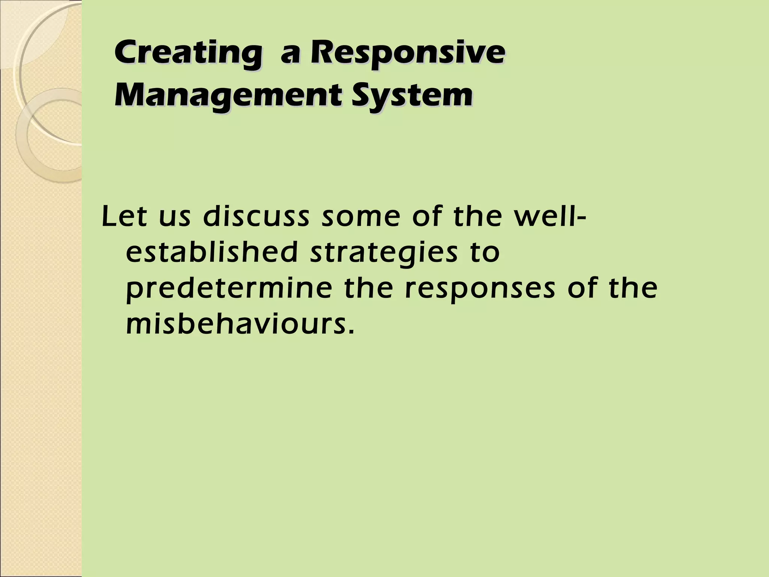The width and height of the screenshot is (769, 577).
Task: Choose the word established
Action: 212,252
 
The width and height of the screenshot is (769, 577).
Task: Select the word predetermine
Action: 229,289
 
